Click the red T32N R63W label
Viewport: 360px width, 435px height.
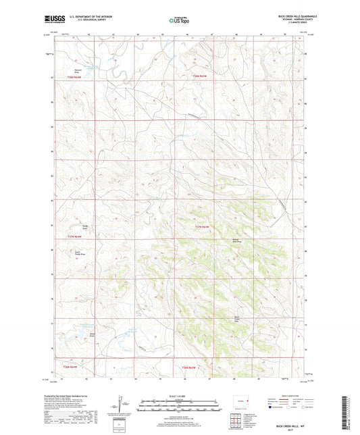(204, 226)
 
